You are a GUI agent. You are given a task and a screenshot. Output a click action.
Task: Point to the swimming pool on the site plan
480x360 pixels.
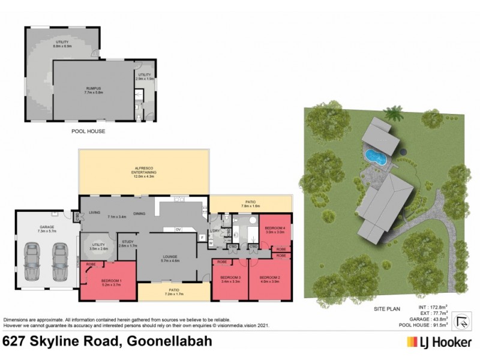click(375, 157)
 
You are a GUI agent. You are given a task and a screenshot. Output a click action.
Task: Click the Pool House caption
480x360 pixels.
click(88, 130)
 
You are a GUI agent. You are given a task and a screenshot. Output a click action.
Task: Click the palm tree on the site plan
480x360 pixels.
click(394, 112)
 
